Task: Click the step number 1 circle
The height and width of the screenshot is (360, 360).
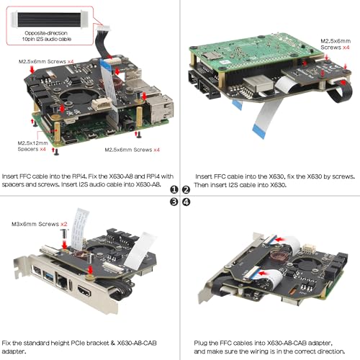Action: click(x=174, y=190)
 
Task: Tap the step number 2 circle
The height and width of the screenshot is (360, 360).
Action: click(x=186, y=190)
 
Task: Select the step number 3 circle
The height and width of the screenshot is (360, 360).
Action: click(x=174, y=202)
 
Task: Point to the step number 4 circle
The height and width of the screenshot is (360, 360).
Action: click(x=186, y=202)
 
